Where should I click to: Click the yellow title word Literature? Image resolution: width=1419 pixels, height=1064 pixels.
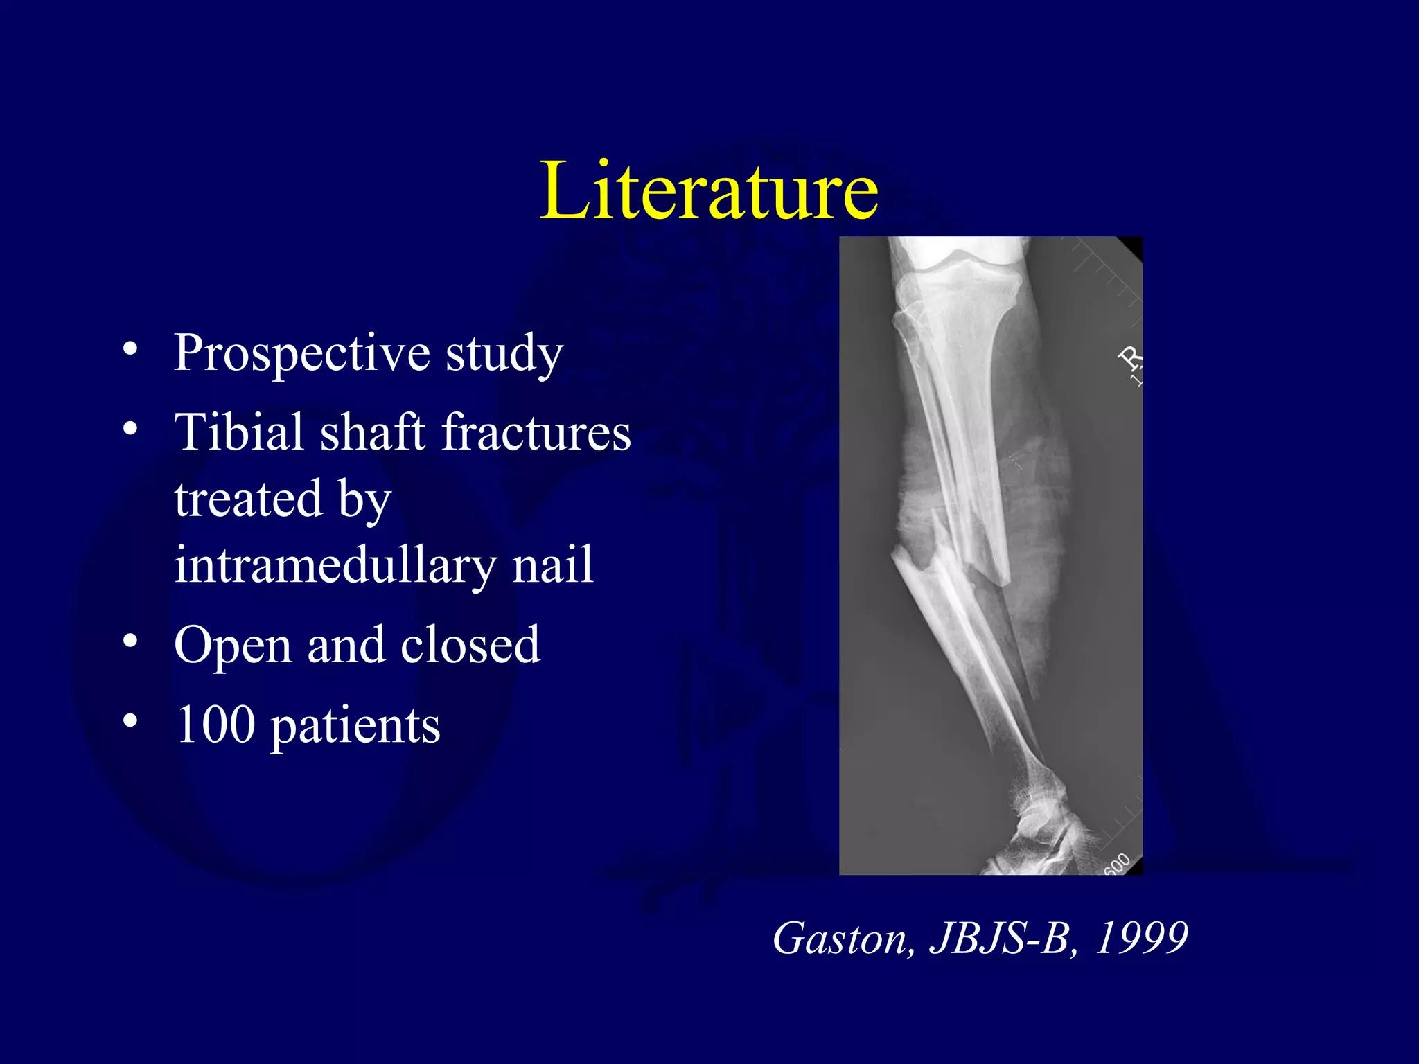point(709,190)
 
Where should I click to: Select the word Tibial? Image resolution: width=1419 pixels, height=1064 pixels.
point(238,432)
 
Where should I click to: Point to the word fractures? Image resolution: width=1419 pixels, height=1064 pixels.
point(536,432)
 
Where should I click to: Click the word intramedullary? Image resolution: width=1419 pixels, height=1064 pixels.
point(335,565)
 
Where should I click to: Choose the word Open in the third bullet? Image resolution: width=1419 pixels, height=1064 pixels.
point(233,646)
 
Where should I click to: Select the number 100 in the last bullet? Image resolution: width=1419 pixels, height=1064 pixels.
point(215,725)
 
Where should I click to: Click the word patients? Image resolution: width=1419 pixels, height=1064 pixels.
point(355,727)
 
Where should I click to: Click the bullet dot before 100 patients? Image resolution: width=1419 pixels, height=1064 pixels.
point(130,720)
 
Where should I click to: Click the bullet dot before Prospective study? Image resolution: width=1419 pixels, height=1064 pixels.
point(130,348)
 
